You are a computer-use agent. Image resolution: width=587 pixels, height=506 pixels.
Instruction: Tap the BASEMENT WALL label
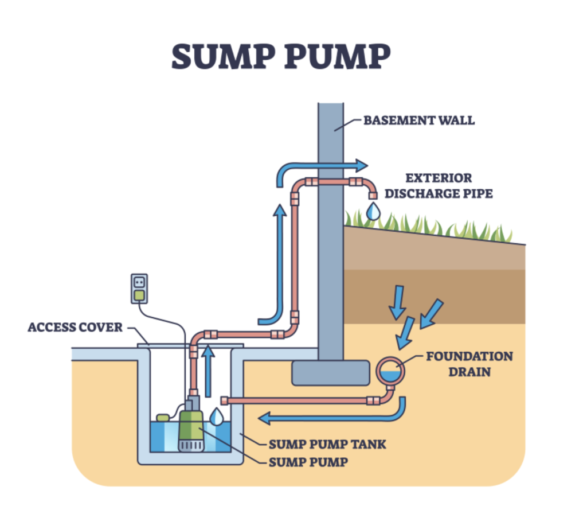pyautogui.click(x=419, y=120)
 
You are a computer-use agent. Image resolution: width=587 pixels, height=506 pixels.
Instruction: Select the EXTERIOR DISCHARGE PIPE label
pyautogui.click(x=439, y=186)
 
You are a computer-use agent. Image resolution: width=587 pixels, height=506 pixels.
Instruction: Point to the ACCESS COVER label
pyautogui.click(x=75, y=328)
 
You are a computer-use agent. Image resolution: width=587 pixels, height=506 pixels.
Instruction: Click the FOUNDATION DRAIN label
pyautogui.click(x=469, y=364)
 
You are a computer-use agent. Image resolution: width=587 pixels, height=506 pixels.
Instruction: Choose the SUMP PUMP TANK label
pyautogui.click(x=327, y=444)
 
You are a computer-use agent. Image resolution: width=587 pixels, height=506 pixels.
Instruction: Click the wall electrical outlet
pyautogui.click(x=139, y=289)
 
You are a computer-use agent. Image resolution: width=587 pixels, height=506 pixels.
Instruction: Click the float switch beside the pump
pyautogui.click(x=163, y=417)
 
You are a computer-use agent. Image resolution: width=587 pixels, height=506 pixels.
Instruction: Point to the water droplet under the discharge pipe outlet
pyautogui.click(x=373, y=211)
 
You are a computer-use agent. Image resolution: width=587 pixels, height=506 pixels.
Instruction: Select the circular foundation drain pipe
pyautogui.click(x=390, y=359)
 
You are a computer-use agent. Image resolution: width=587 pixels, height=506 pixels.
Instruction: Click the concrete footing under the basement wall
pyautogui.click(x=331, y=373)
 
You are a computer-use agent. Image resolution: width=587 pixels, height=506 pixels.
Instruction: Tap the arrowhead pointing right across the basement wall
pyautogui.click(x=362, y=166)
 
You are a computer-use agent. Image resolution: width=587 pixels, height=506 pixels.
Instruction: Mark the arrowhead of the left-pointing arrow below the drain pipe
pyautogui.click(x=264, y=418)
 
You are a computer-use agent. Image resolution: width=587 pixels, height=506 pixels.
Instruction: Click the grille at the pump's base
pyautogui.click(x=191, y=446)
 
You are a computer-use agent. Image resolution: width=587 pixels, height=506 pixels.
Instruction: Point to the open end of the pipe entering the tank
pyautogui.click(x=224, y=401)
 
